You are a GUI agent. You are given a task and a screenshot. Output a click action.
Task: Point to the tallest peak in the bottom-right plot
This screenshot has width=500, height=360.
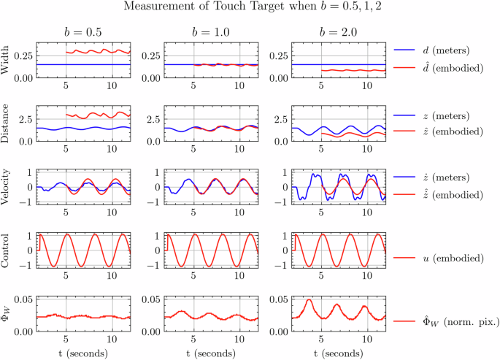click(309, 300)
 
